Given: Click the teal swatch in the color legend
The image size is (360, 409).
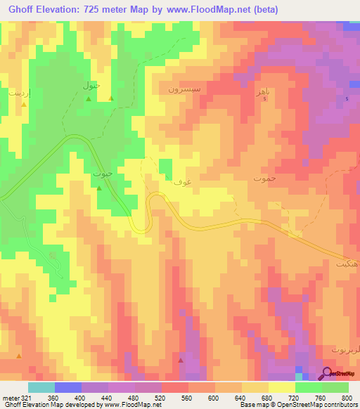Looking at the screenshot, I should coord(41,387).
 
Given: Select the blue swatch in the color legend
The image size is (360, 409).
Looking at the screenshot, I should coord(67,387).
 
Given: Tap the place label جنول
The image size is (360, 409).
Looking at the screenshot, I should coord(93,86).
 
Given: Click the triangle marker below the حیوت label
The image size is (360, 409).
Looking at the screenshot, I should coord(99,188).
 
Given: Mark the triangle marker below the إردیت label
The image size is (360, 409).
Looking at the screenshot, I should coord(25,105).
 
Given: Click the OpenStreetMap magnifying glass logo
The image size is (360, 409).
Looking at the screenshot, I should coord(328,374).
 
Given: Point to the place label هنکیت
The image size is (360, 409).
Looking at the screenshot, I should coord(346,263).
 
